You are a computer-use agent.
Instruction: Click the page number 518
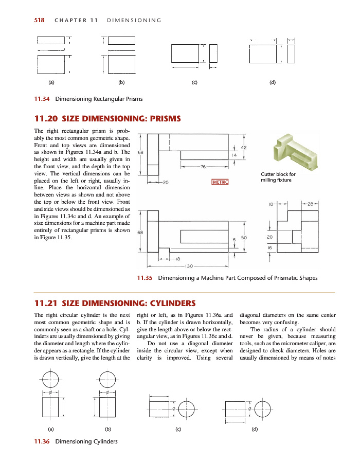[39, 20]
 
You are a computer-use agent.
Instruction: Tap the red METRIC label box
[220, 182]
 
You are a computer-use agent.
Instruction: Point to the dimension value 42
[244, 148]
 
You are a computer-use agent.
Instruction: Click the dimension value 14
[234, 154]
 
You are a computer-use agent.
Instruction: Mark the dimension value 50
[244, 238]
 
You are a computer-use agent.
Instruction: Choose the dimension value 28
[310, 204]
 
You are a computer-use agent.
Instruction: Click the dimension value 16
[269, 247]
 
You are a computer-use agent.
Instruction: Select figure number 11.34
[42, 99]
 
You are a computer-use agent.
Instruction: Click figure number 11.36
[42, 441]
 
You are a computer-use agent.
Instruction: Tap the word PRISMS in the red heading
[164, 119]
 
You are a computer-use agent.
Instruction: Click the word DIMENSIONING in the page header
[133, 21]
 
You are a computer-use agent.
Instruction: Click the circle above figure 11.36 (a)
[50, 381]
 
